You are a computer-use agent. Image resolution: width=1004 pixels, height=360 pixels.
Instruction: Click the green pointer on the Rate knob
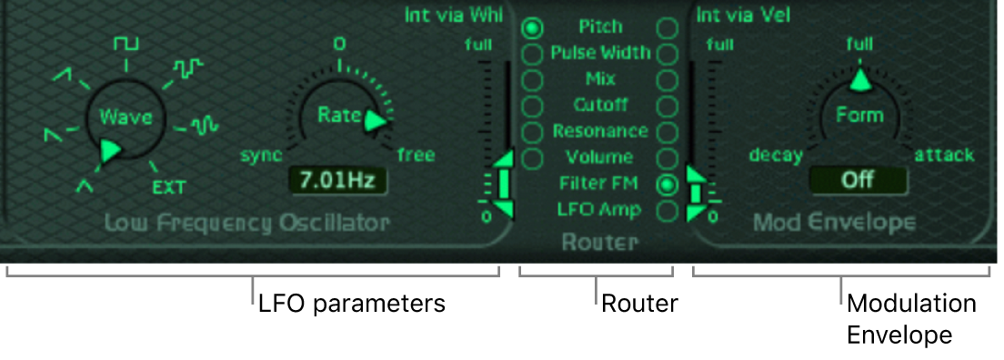click(x=375, y=121)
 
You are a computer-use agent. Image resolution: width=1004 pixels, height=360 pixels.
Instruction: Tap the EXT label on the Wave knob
click(x=169, y=187)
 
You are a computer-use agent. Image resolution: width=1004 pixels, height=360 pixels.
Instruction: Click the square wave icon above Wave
click(x=125, y=44)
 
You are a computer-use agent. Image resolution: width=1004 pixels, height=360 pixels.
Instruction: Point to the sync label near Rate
click(x=261, y=155)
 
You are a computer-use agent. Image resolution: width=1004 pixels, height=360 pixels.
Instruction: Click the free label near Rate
click(x=416, y=155)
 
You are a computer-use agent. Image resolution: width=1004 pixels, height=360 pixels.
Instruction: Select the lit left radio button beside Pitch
click(x=532, y=28)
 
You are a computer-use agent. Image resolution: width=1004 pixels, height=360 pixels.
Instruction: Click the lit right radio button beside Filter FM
click(x=668, y=185)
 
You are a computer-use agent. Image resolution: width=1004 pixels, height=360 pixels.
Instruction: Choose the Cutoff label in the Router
click(x=600, y=105)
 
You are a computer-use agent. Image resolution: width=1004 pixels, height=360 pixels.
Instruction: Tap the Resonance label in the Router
click(x=600, y=132)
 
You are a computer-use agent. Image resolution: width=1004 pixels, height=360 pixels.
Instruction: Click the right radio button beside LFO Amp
click(x=668, y=211)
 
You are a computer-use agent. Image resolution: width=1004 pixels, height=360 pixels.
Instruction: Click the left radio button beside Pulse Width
click(x=532, y=54)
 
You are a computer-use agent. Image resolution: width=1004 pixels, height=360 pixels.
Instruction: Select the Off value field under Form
click(x=858, y=180)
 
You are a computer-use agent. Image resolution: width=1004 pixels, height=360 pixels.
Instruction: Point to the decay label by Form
click(x=776, y=155)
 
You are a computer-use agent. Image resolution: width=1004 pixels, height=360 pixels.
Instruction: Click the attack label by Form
click(x=944, y=155)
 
